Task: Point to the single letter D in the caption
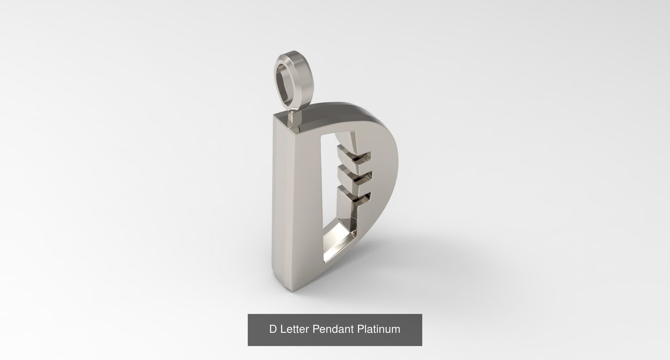click(273, 329)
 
